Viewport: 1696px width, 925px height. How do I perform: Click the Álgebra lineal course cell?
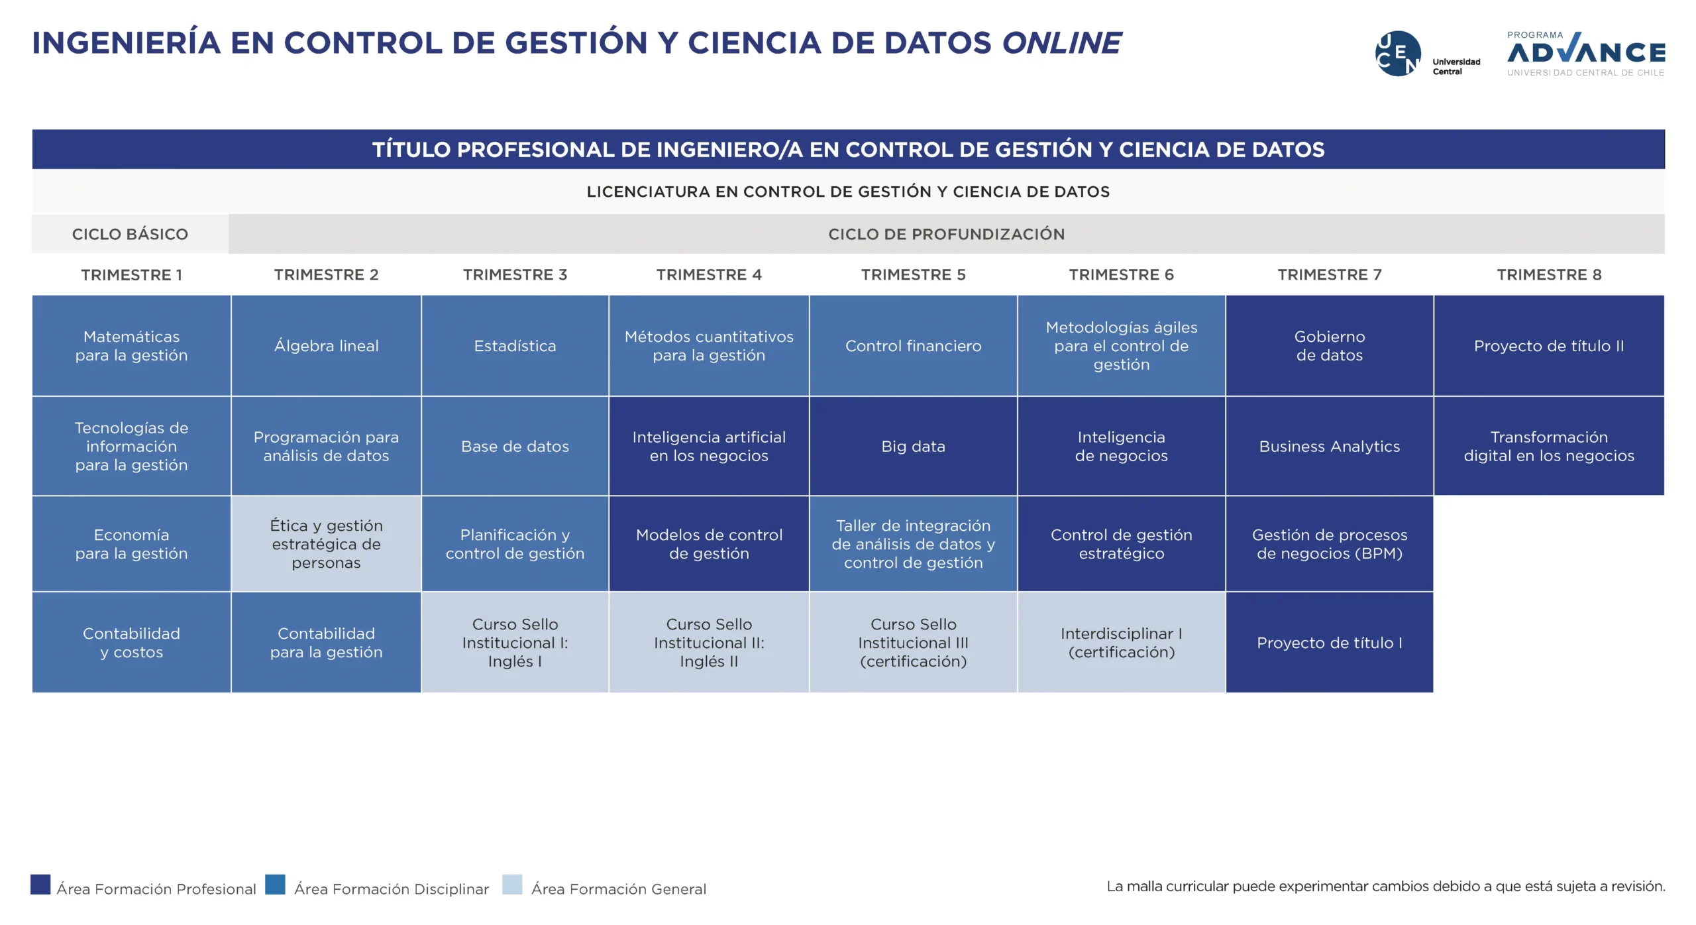[x=326, y=346]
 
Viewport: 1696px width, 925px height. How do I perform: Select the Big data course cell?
[x=913, y=447]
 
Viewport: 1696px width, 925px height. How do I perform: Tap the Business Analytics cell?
[x=1330, y=447]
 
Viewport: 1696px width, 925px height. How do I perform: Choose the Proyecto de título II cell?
[x=1549, y=346]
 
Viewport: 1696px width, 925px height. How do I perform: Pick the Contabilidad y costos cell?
[x=131, y=643]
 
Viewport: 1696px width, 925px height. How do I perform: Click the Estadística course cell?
[x=515, y=346]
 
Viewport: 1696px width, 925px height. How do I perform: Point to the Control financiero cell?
[x=913, y=346]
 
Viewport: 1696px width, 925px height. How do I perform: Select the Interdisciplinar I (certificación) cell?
[x=1122, y=643]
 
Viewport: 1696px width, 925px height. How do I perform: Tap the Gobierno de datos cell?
[x=1330, y=346]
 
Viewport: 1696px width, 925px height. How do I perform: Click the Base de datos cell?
[x=515, y=447]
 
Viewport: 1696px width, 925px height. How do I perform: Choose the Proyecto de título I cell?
[x=1330, y=643]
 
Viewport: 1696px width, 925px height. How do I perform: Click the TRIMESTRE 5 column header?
[x=913, y=275]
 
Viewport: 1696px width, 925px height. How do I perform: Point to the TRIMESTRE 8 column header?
[x=1549, y=275]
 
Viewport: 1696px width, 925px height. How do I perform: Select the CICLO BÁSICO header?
[x=130, y=234]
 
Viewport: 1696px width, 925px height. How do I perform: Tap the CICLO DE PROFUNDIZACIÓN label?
[x=946, y=234]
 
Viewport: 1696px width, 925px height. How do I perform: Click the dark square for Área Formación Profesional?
[x=40, y=885]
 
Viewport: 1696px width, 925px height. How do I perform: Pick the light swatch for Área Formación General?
[x=512, y=885]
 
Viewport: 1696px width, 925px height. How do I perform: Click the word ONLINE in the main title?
[x=1061, y=43]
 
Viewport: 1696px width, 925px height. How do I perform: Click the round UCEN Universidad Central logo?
[x=1398, y=54]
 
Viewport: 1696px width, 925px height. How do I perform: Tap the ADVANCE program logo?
[x=1586, y=54]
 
